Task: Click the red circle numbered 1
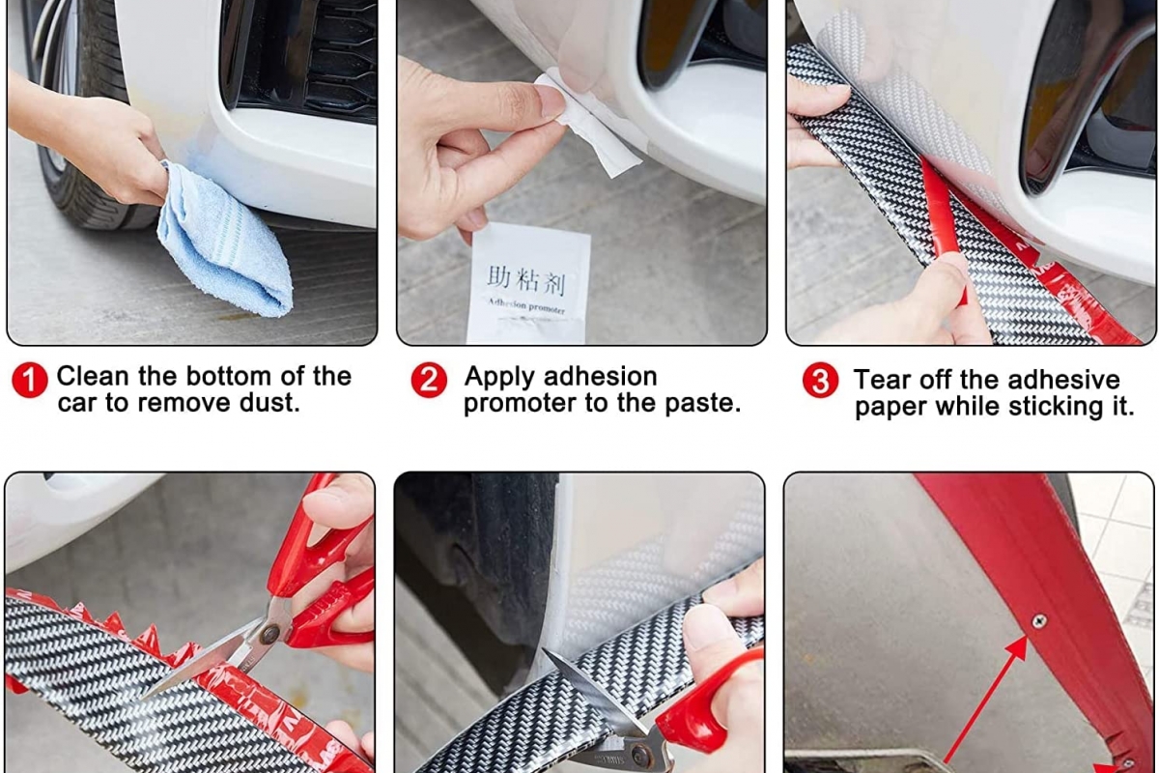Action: coord(30,380)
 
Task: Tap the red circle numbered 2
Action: coord(429,380)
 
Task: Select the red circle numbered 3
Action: coord(820,380)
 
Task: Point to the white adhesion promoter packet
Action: coord(527,284)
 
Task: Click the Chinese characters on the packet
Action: coord(526,280)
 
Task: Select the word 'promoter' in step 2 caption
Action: coord(519,404)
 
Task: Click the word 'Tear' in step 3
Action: coord(880,380)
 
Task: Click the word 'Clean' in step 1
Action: coord(92,376)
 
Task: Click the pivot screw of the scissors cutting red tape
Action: coord(269,634)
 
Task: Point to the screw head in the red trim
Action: coord(1038,620)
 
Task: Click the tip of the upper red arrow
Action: coord(1026,638)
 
